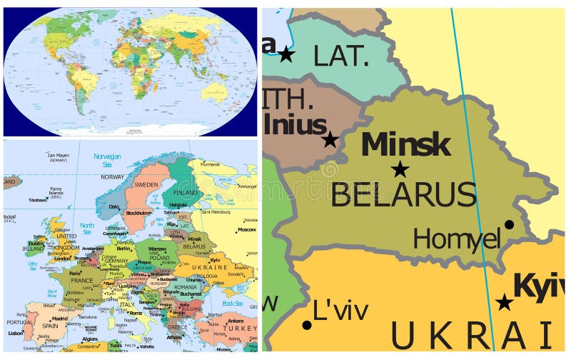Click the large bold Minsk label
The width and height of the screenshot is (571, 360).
pos(405,144)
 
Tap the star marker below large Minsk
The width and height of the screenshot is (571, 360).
pos(400,169)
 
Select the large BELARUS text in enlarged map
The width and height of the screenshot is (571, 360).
pos(403,194)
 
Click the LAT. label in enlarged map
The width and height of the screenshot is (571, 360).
pos(341,56)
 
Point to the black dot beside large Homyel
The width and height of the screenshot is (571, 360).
pos(509,224)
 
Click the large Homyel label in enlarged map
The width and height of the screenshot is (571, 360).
pos(457,239)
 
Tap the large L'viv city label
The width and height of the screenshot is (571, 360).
pos(341,311)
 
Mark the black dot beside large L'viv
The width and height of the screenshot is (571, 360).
pos(307,325)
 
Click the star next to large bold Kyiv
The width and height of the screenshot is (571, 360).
pos(505,302)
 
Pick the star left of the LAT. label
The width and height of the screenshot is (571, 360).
pos(286,54)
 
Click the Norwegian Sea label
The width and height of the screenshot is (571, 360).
pos(108,159)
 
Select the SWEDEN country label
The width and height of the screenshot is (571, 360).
pos(146,184)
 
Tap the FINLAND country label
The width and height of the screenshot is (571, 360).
pos(185,193)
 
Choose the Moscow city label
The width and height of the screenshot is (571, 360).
pos(246,230)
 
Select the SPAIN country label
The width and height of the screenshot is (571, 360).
pos(49,326)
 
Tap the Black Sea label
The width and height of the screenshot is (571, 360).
pos(232,303)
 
